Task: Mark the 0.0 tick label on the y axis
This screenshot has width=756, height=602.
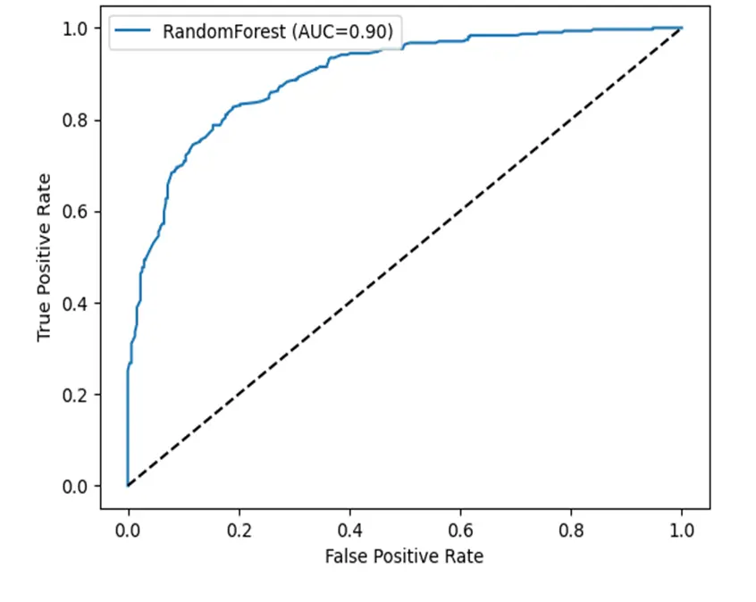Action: pyautogui.click(x=77, y=486)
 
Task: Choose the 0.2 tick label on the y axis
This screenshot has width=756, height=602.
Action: pyautogui.click(x=77, y=395)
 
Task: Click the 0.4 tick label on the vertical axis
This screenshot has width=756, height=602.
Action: pyautogui.click(x=77, y=303)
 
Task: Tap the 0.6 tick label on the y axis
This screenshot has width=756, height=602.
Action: pyautogui.click(x=77, y=212)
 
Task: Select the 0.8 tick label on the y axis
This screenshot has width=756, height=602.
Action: pyautogui.click(x=77, y=120)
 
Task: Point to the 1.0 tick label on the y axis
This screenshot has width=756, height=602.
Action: pyautogui.click(x=77, y=29)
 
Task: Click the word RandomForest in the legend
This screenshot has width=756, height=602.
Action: pyautogui.click(x=214, y=32)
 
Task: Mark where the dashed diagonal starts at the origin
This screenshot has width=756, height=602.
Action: pyautogui.click(x=128, y=486)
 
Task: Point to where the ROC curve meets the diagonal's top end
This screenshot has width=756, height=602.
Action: pyautogui.click(x=682, y=29)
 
